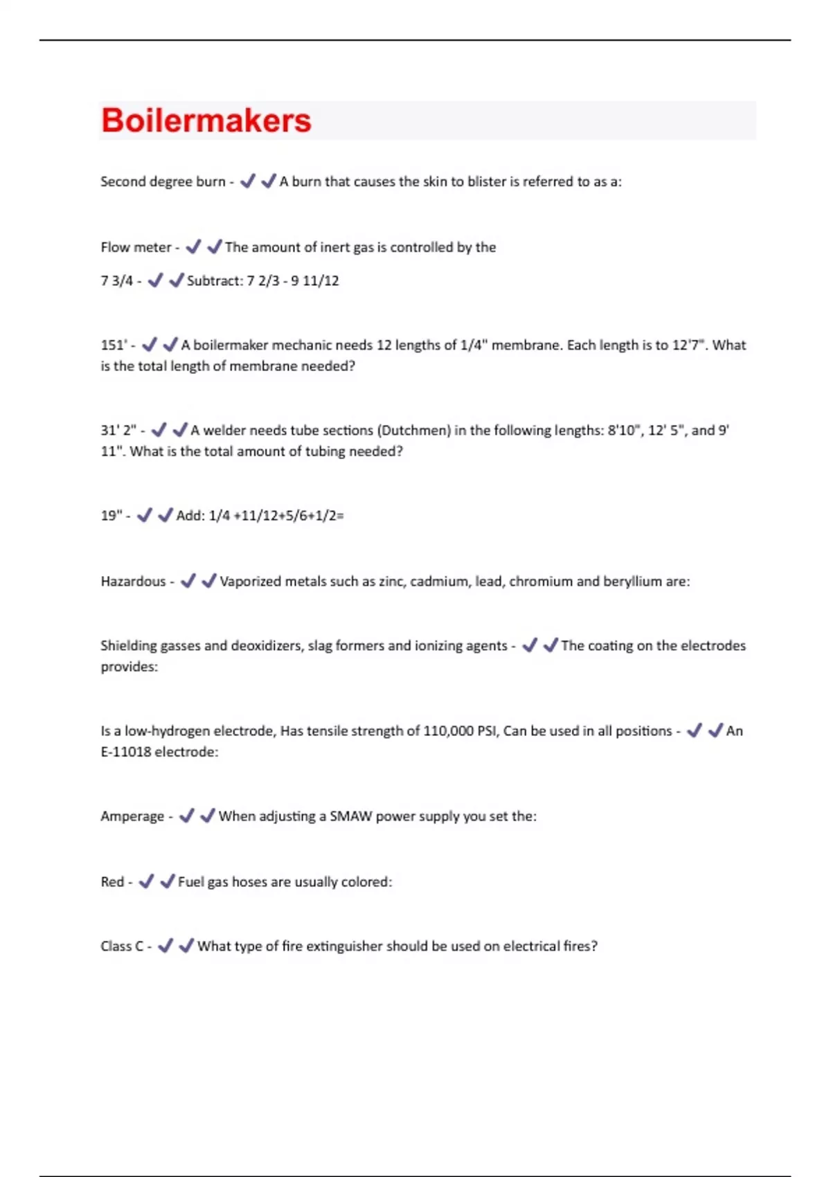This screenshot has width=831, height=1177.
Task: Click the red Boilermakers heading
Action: tap(206, 120)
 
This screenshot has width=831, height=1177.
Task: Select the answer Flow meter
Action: tap(136, 247)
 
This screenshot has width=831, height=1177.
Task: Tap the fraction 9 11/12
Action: tap(315, 280)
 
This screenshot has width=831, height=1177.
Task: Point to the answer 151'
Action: tap(114, 345)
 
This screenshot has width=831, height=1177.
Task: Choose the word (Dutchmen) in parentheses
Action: tap(413, 430)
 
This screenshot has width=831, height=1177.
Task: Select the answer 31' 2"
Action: tap(118, 430)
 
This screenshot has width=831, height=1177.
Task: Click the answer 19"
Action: tap(111, 515)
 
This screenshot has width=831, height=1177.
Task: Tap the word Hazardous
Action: tap(134, 582)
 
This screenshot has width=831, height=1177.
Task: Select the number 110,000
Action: tap(448, 731)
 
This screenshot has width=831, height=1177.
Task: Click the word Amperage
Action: tap(132, 816)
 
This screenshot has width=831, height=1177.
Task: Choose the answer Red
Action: tap(112, 882)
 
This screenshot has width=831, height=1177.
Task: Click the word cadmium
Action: tap(439, 582)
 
